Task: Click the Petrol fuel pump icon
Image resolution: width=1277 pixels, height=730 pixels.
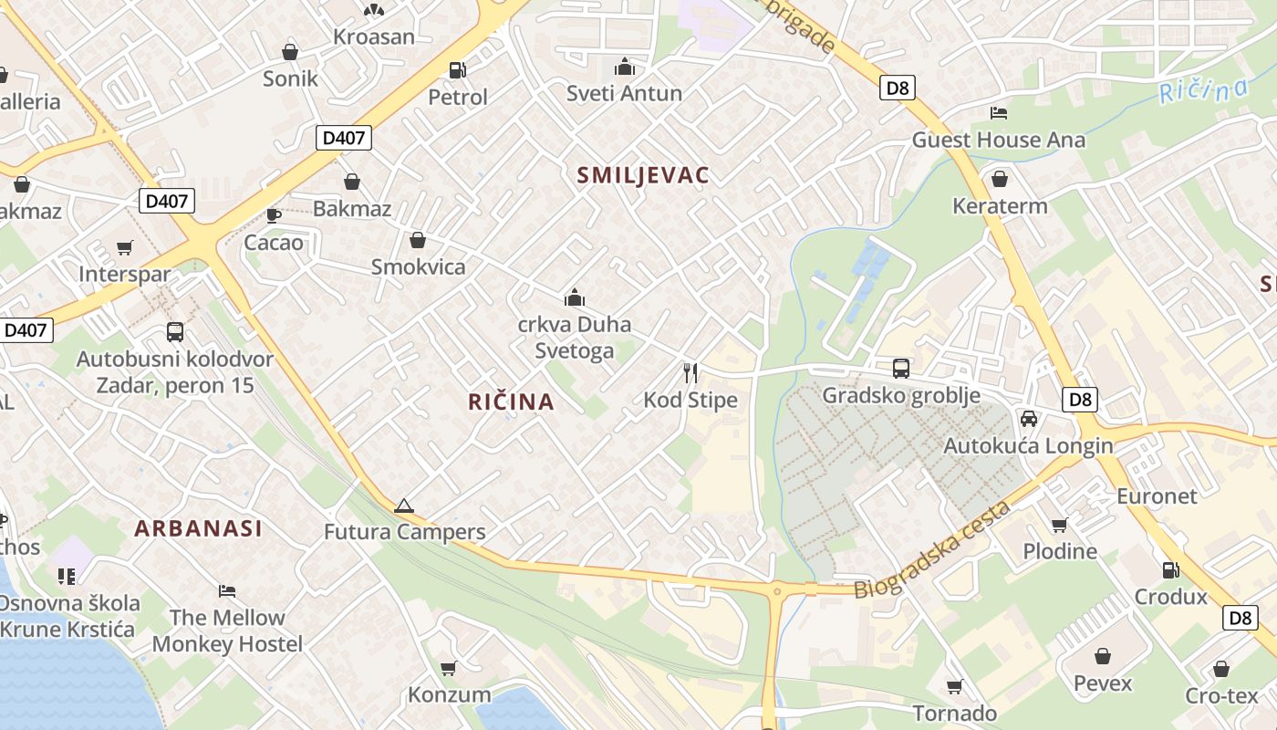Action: (458, 70)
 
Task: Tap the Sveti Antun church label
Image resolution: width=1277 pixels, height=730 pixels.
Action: (624, 93)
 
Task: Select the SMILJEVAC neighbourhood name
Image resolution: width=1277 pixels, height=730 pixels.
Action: (643, 175)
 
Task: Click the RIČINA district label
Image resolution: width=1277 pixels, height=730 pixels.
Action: (511, 401)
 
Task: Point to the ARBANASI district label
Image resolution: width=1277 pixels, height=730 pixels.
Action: (198, 527)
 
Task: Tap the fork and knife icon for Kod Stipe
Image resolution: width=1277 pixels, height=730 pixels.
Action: (690, 372)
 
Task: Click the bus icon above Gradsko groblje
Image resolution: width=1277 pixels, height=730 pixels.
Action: (901, 369)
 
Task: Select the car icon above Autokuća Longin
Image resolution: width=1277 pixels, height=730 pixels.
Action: (1029, 419)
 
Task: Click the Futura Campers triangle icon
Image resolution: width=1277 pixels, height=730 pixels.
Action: (404, 506)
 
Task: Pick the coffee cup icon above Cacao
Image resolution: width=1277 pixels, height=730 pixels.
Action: (273, 216)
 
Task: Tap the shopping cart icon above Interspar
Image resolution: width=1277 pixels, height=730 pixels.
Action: (125, 248)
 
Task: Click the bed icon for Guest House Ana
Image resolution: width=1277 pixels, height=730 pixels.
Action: (999, 113)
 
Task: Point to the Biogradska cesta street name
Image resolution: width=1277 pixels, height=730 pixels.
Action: (932, 550)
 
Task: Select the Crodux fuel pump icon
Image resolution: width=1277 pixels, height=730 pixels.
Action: (1170, 570)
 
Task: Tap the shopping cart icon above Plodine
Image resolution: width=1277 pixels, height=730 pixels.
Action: (1059, 525)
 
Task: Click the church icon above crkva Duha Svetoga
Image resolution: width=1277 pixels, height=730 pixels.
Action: (575, 297)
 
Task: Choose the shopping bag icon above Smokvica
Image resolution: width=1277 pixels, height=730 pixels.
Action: (418, 240)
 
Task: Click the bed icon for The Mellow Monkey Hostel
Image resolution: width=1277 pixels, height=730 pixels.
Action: (227, 591)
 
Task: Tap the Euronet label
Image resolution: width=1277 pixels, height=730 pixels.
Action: (1157, 496)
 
